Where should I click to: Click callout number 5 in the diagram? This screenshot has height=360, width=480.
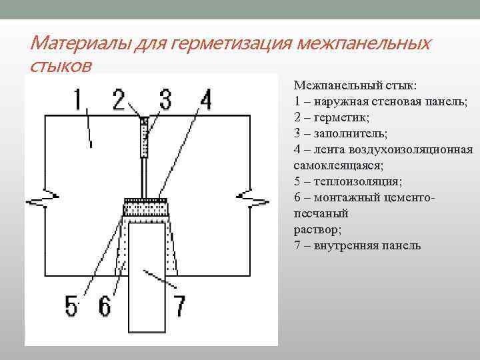(71, 306)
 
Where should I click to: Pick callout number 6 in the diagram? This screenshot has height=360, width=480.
(105, 306)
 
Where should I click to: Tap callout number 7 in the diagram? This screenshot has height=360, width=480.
(179, 306)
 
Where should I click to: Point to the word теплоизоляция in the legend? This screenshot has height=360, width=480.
(351, 181)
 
